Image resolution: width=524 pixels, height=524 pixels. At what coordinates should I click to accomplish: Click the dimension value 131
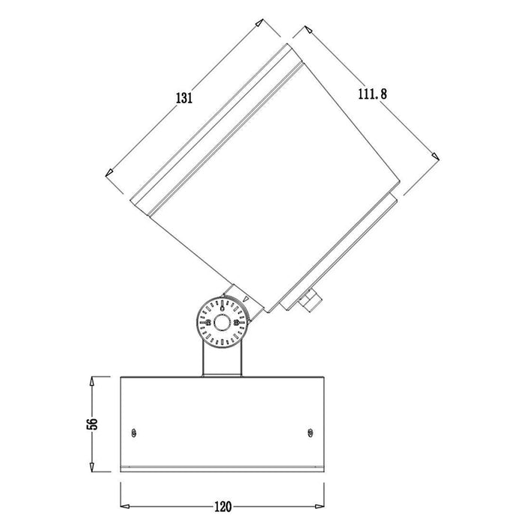(x=184, y=98)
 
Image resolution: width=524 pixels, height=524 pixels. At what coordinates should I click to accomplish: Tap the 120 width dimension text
(x=222, y=506)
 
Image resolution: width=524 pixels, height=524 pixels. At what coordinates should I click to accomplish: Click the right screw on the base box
(x=310, y=431)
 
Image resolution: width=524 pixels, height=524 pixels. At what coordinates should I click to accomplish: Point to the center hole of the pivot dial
(x=223, y=323)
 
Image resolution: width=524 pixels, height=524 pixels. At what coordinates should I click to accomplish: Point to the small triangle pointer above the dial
(x=246, y=297)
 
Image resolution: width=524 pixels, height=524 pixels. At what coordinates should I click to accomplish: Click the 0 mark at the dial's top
(x=222, y=305)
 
